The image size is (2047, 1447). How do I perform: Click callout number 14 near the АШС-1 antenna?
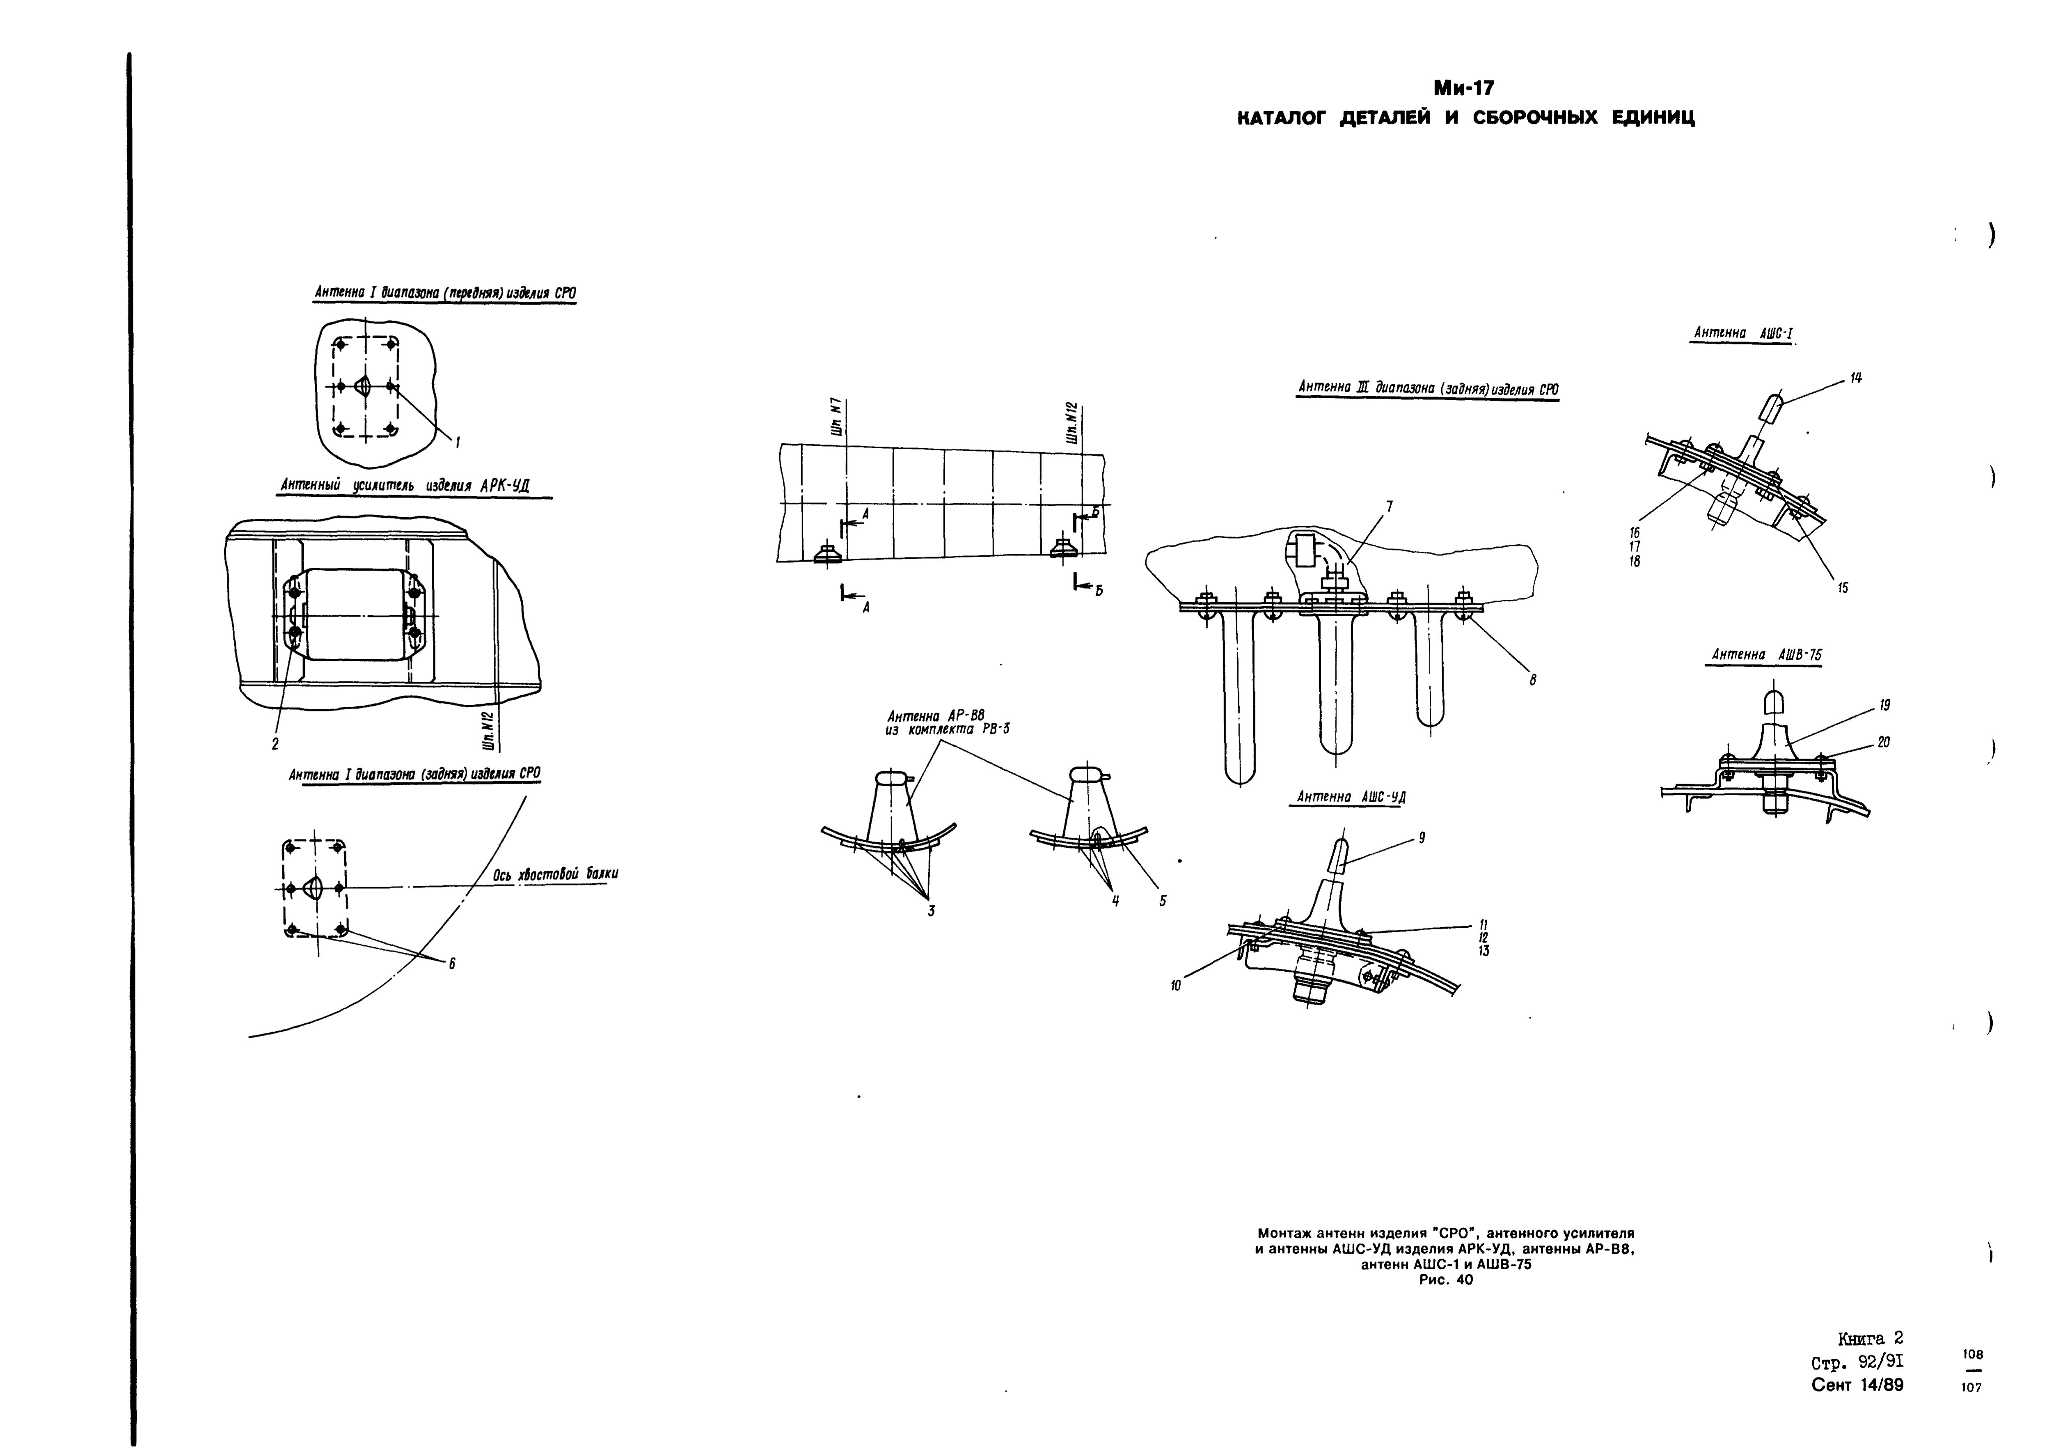tap(1855, 378)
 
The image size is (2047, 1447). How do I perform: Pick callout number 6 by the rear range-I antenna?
tap(452, 964)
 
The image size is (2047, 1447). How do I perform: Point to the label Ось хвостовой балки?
tap(555, 875)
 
